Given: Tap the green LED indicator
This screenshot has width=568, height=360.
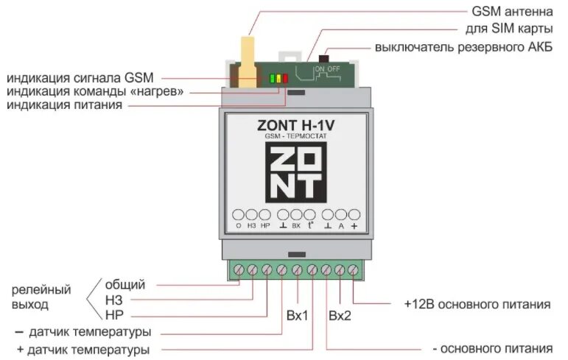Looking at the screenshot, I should pos(272,78).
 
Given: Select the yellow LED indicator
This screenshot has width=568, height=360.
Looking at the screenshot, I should pos(278,78).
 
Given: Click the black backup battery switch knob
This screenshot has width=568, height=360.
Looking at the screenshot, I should pos(322,57).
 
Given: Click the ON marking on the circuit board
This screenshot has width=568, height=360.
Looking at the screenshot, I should pos(318,68).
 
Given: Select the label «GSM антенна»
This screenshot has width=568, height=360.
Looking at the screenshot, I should pos(510,12).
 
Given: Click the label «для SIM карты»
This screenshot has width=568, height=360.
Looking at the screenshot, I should pos(509,29).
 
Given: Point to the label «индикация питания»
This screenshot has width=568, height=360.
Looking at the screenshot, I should pos(65,106).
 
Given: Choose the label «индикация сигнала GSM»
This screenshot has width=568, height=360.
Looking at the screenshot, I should pos(80,77).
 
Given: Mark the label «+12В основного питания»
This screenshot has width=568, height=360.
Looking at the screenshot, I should pos(477,304).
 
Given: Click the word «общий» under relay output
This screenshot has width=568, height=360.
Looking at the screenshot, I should pos(125,285).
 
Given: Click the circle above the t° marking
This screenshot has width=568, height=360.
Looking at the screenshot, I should pos(310,213).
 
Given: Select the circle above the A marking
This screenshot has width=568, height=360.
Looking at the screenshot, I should pos(340,213).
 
